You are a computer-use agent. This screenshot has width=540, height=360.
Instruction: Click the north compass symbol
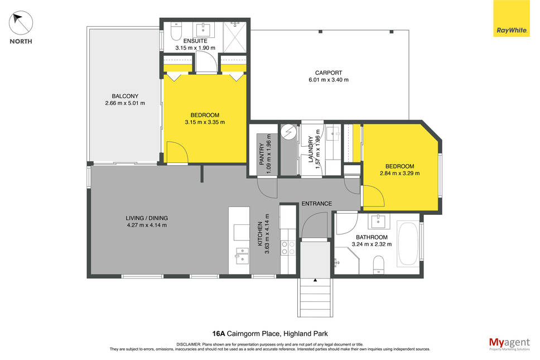(x=21, y=23)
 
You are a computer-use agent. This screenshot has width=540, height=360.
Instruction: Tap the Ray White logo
(x=512, y=18)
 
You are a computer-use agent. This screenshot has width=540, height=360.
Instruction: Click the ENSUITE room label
(x=195, y=41)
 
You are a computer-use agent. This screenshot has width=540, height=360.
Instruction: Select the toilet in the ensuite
(x=176, y=31)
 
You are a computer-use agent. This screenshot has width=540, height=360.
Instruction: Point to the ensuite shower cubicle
(x=235, y=37)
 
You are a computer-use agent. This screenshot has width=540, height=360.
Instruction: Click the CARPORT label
(x=329, y=73)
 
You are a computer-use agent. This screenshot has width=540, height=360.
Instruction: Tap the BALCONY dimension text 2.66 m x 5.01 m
(x=125, y=103)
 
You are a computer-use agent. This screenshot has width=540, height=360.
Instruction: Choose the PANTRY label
(x=262, y=154)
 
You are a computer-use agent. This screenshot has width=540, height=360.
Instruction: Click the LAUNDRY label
(x=311, y=149)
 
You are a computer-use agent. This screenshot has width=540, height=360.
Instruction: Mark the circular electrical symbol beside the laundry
(x=288, y=132)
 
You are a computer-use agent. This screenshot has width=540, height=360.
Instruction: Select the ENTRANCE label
(x=317, y=204)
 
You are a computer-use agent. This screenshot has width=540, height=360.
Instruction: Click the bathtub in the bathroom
(x=408, y=244)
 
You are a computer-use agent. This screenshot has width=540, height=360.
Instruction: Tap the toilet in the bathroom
(x=378, y=264)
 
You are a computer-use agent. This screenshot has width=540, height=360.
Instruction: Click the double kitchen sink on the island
(x=242, y=255)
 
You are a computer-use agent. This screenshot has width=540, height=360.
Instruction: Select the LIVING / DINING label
(x=147, y=218)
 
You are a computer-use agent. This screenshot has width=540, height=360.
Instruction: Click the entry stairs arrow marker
(x=315, y=280)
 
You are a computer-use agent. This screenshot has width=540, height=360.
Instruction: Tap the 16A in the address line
(x=218, y=333)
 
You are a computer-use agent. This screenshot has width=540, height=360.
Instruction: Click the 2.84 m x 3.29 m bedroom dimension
(x=400, y=173)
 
